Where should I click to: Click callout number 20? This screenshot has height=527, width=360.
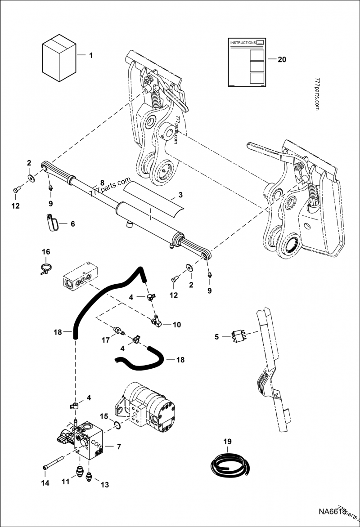click(282, 59)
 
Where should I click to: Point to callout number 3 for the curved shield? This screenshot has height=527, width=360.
click(180, 195)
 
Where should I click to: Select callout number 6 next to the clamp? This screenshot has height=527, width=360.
click(72, 223)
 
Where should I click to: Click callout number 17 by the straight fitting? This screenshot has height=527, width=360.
click(105, 340)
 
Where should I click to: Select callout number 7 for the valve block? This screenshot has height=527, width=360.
click(119, 447)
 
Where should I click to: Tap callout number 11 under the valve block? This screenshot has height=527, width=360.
click(66, 482)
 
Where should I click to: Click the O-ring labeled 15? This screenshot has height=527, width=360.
click(116, 425)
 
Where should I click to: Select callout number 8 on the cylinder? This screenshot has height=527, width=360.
click(102, 183)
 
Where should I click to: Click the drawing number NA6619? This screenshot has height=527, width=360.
click(330, 511)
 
